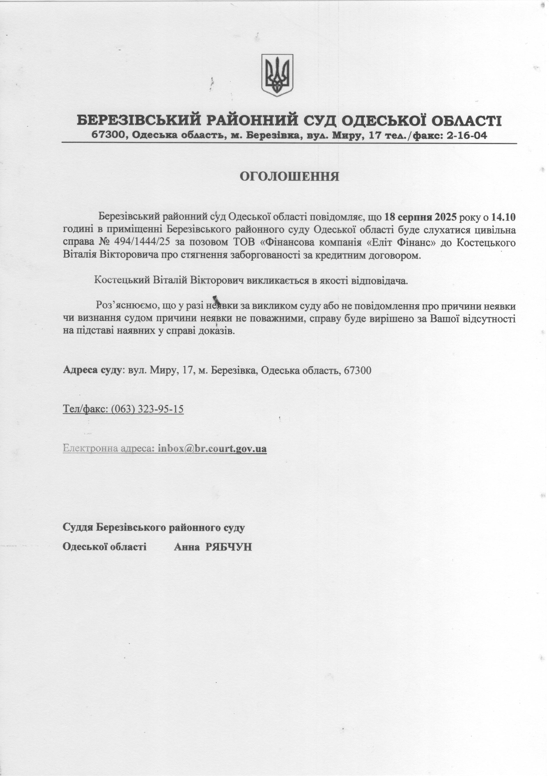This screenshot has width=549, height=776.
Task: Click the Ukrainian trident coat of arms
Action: [x=277, y=75]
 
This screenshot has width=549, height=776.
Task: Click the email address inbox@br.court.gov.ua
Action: [x=212, y=449]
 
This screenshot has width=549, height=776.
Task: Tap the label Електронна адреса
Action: [x=108, y=449]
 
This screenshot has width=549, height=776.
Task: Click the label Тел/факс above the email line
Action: [x=84, y=409]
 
